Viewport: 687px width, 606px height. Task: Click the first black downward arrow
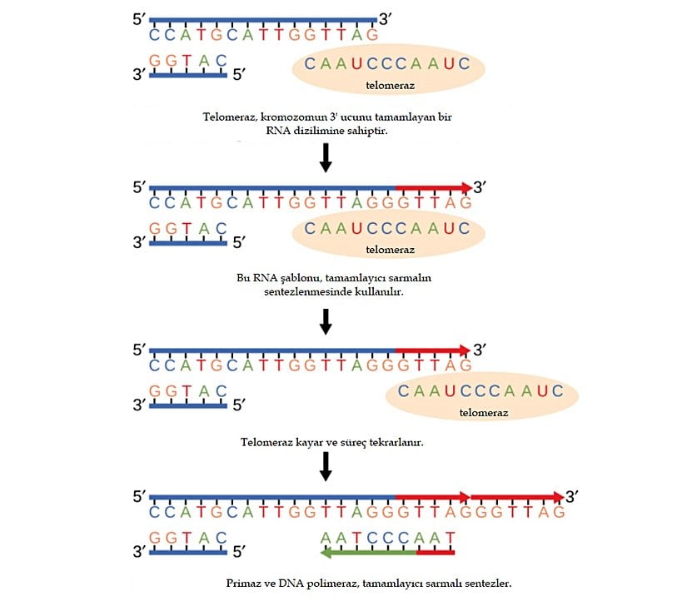point(326,157)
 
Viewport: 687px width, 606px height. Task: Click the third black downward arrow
point(326,466)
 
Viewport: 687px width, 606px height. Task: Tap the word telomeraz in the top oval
point(390,85)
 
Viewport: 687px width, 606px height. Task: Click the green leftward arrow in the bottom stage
point(366,551)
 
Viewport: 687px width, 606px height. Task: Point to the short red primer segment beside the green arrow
point(436,551)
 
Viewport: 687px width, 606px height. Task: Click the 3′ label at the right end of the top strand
point(386,17)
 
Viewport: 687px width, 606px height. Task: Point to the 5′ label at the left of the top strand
point(139,17)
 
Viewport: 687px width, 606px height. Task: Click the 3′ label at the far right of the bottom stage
point(572,497)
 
